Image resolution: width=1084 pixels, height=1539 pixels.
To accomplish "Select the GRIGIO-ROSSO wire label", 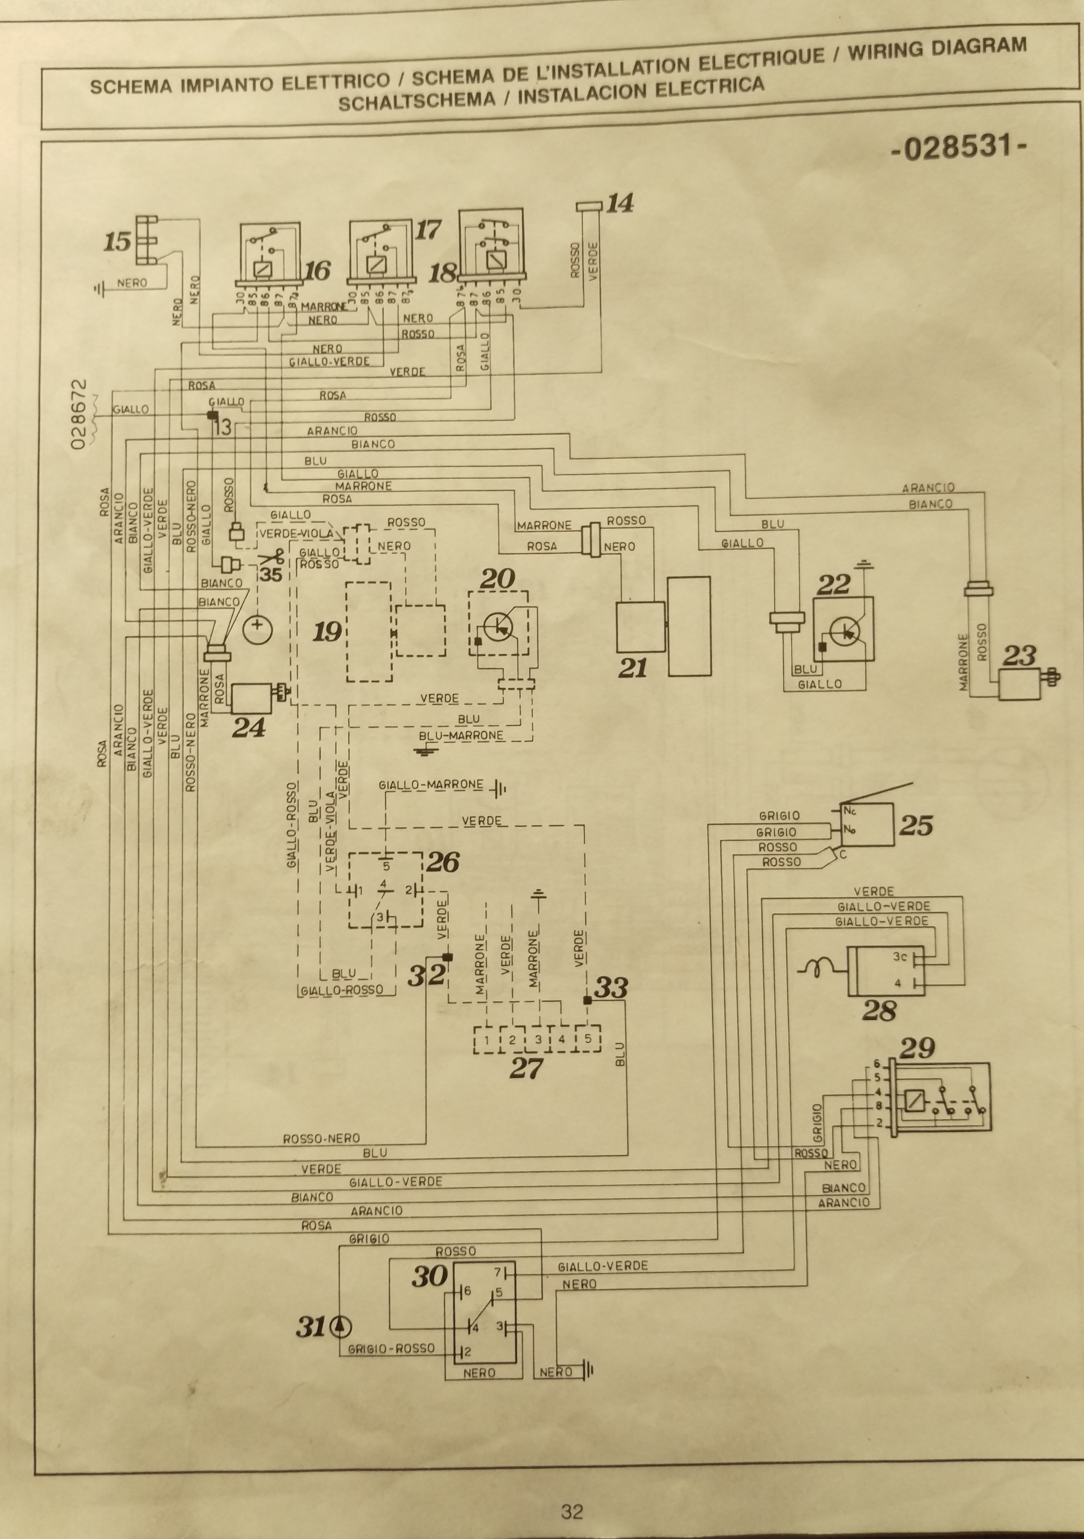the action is point(391,1348).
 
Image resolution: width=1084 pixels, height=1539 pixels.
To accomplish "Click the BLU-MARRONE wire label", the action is point(461,735).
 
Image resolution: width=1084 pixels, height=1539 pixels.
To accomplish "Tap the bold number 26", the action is point(442,862).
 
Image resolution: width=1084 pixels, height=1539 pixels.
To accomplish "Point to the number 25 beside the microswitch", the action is point(916,825).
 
